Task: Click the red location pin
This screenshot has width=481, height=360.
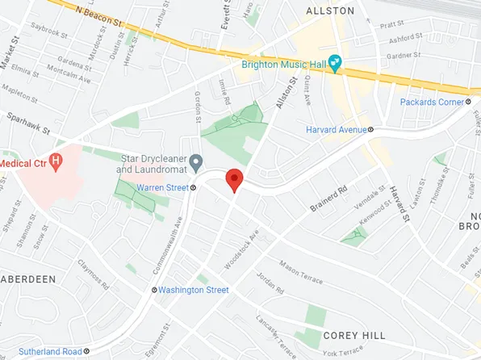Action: pos(234,179)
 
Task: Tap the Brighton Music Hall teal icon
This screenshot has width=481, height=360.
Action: pos(335,63)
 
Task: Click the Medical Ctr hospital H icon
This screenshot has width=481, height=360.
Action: pos(56,161)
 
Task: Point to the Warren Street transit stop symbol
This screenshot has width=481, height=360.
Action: pos(193,188)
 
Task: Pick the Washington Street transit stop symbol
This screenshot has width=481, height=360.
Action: pos(154,290)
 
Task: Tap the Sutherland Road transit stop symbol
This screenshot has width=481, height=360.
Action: pos(86,352)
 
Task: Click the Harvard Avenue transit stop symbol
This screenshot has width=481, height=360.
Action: pos(370,129)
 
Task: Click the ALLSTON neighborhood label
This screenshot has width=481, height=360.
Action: pos(330,10)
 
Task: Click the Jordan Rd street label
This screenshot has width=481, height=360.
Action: pos(271,283)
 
